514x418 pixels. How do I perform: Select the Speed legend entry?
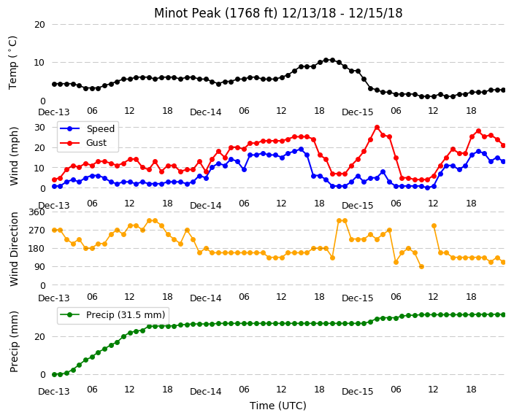pos(87,128)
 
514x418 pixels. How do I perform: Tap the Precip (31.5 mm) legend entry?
pos(112,315)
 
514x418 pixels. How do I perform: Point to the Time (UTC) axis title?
pos(278,406)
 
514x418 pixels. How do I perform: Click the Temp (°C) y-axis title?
pos(13,63)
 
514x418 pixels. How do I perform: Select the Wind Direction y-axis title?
pos(14,249)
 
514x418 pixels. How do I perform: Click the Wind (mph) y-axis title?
pos(14,156)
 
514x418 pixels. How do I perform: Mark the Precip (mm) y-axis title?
pos(14,341)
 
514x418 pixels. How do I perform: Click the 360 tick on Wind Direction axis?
pos(37,212)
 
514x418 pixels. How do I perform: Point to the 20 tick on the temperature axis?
pos(39,25)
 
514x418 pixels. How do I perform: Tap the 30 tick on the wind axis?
pos(39,127)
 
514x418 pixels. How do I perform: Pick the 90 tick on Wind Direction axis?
pos(39,267)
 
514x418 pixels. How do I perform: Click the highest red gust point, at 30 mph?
pos(377,127)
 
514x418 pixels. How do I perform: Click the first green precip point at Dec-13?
pos(55,374)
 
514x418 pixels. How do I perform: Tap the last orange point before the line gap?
pos(421,267)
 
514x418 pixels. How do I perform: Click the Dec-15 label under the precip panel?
pos(357,392)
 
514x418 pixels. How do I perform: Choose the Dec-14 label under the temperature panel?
pos(206,112)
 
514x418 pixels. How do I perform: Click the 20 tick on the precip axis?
pos(39,337)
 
